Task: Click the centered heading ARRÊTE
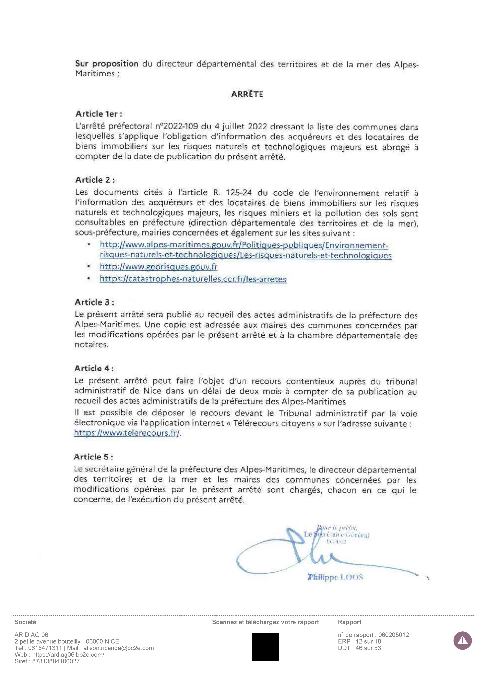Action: pos(247,94)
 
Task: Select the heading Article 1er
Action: pos(99,114)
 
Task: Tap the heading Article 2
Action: pos(95,180)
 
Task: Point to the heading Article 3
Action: pos(94,302)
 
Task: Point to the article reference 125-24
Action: pos(239,193)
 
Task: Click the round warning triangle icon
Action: pos(462,641)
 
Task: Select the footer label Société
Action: pos(25,622)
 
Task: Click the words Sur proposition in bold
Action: pos(107,64)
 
